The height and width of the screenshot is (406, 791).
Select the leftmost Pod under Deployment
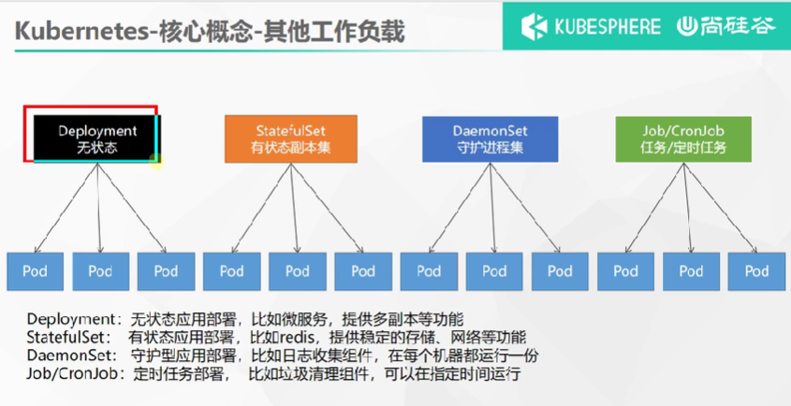coord(35,271)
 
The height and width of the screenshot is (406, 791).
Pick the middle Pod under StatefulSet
coord(297,271)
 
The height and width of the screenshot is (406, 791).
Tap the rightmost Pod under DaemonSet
coord(561,271)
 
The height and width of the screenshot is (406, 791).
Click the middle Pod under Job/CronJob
coord(691,271)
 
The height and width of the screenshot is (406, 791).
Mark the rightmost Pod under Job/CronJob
coord(756,271)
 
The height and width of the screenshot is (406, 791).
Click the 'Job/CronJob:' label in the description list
coord(66,374)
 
